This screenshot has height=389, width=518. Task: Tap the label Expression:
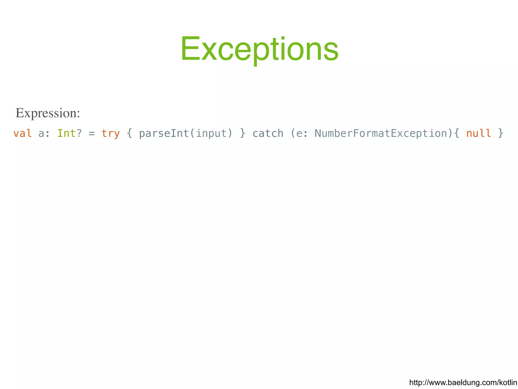[x=48, y=113]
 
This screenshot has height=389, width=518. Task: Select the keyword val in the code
[x=23, y=133]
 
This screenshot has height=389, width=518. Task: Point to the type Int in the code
[x=67, y=133]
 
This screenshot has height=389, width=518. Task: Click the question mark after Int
[x=79, y=133]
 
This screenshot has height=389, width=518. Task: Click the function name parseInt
[x=164, y=133]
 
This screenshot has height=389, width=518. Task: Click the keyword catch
[x=268, y=133]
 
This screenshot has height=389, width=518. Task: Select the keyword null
[x=479, y=133]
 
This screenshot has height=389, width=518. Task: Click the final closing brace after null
[x=501, y=133]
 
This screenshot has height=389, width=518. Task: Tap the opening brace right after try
[x=129, y=133]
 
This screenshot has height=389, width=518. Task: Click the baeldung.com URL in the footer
[x=463, y=382]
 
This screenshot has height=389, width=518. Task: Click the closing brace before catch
[x=243, y=133]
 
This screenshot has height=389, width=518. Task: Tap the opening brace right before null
[x=457, y=133]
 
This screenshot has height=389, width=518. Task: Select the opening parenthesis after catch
[x=293, y=133]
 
